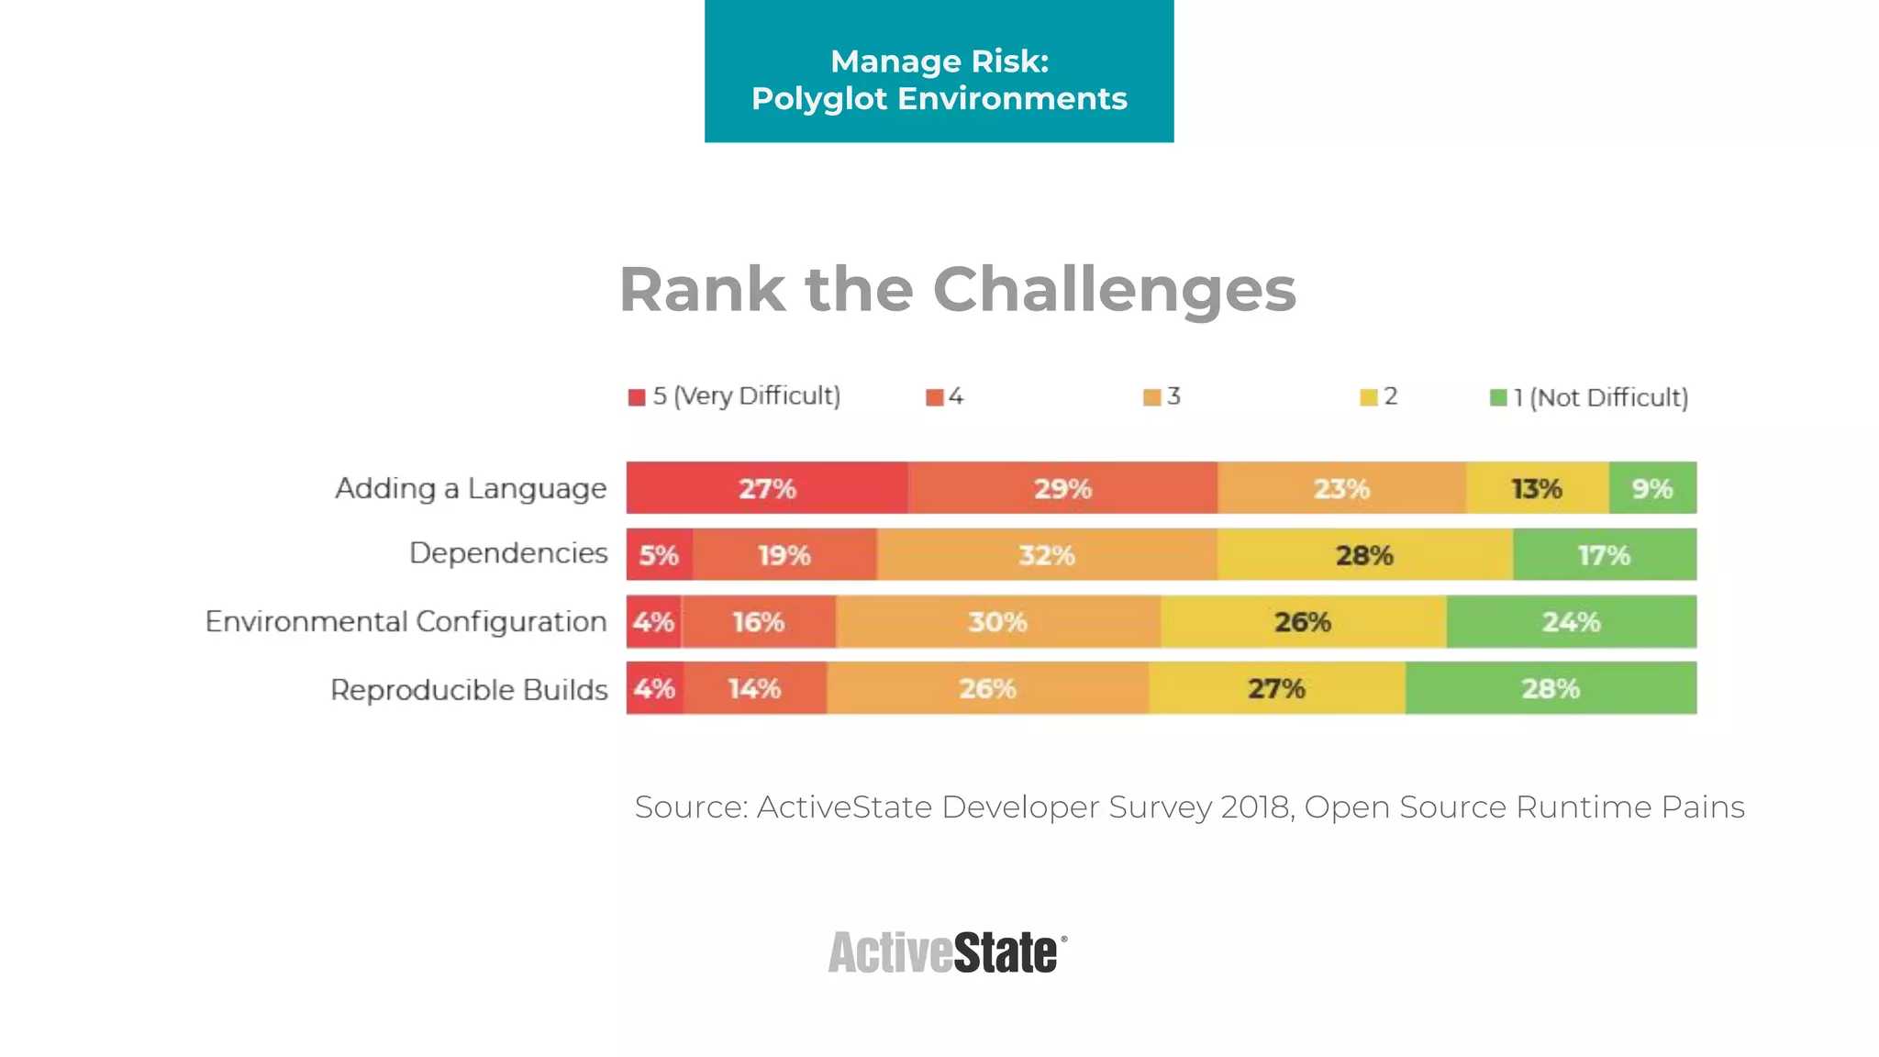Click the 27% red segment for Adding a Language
pos(767,488)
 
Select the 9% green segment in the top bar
pos(1651,488)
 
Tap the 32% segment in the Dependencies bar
pos(1046,555)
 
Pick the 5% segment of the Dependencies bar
pos(659,555)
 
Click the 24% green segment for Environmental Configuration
pos(1571,622)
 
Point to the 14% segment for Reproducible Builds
pos(754,688)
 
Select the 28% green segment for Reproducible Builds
pos(1551,688)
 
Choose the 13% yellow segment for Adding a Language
pos(1537,488)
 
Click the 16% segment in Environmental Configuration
pos(758,622)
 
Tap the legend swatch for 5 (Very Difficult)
pos(637,397)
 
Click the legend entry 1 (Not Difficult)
pos(1600,397)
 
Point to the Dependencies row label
pos(508,553)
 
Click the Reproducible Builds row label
pos(469,689)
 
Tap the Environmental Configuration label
pos(406,621)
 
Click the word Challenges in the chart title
pos(1114,290)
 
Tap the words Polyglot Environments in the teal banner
pos(939,99)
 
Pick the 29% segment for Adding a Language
pos(1062,488)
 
